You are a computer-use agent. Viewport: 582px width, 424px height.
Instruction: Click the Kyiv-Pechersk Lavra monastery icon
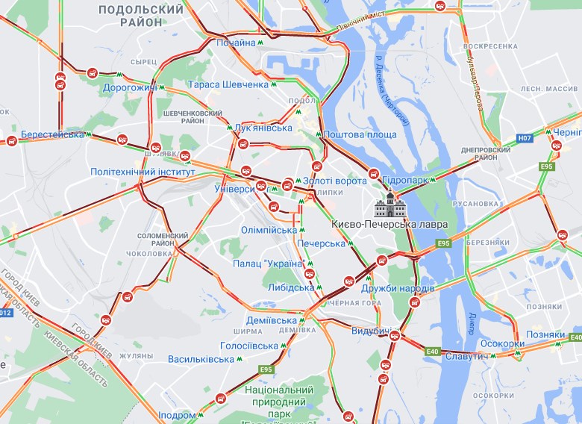(x=389, y=203)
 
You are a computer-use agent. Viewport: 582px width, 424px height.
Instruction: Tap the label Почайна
(x=236, y=43)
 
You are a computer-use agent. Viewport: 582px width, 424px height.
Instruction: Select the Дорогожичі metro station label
(x=130, y=88)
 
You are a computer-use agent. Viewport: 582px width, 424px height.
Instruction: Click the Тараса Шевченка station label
(x=228, y=84)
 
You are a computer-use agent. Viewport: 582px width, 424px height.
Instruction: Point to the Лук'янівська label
(x=263, y=128)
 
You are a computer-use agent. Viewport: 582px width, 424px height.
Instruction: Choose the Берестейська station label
(x=52, y=134)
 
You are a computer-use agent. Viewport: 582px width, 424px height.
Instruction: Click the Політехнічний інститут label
(x=142, y=172)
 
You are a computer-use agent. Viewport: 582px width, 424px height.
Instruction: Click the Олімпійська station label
(x=269, y=229)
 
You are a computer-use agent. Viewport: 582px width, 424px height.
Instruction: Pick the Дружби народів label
(x=397, y=288)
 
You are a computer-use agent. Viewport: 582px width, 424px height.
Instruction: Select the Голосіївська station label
(x=248, y=346)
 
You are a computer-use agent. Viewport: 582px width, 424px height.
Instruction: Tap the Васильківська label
(x=201, y=359)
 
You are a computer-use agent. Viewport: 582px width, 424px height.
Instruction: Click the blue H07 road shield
(x=525, y=138)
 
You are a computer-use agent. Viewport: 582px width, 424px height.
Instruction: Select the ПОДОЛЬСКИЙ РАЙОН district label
(x=140, y=16)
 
